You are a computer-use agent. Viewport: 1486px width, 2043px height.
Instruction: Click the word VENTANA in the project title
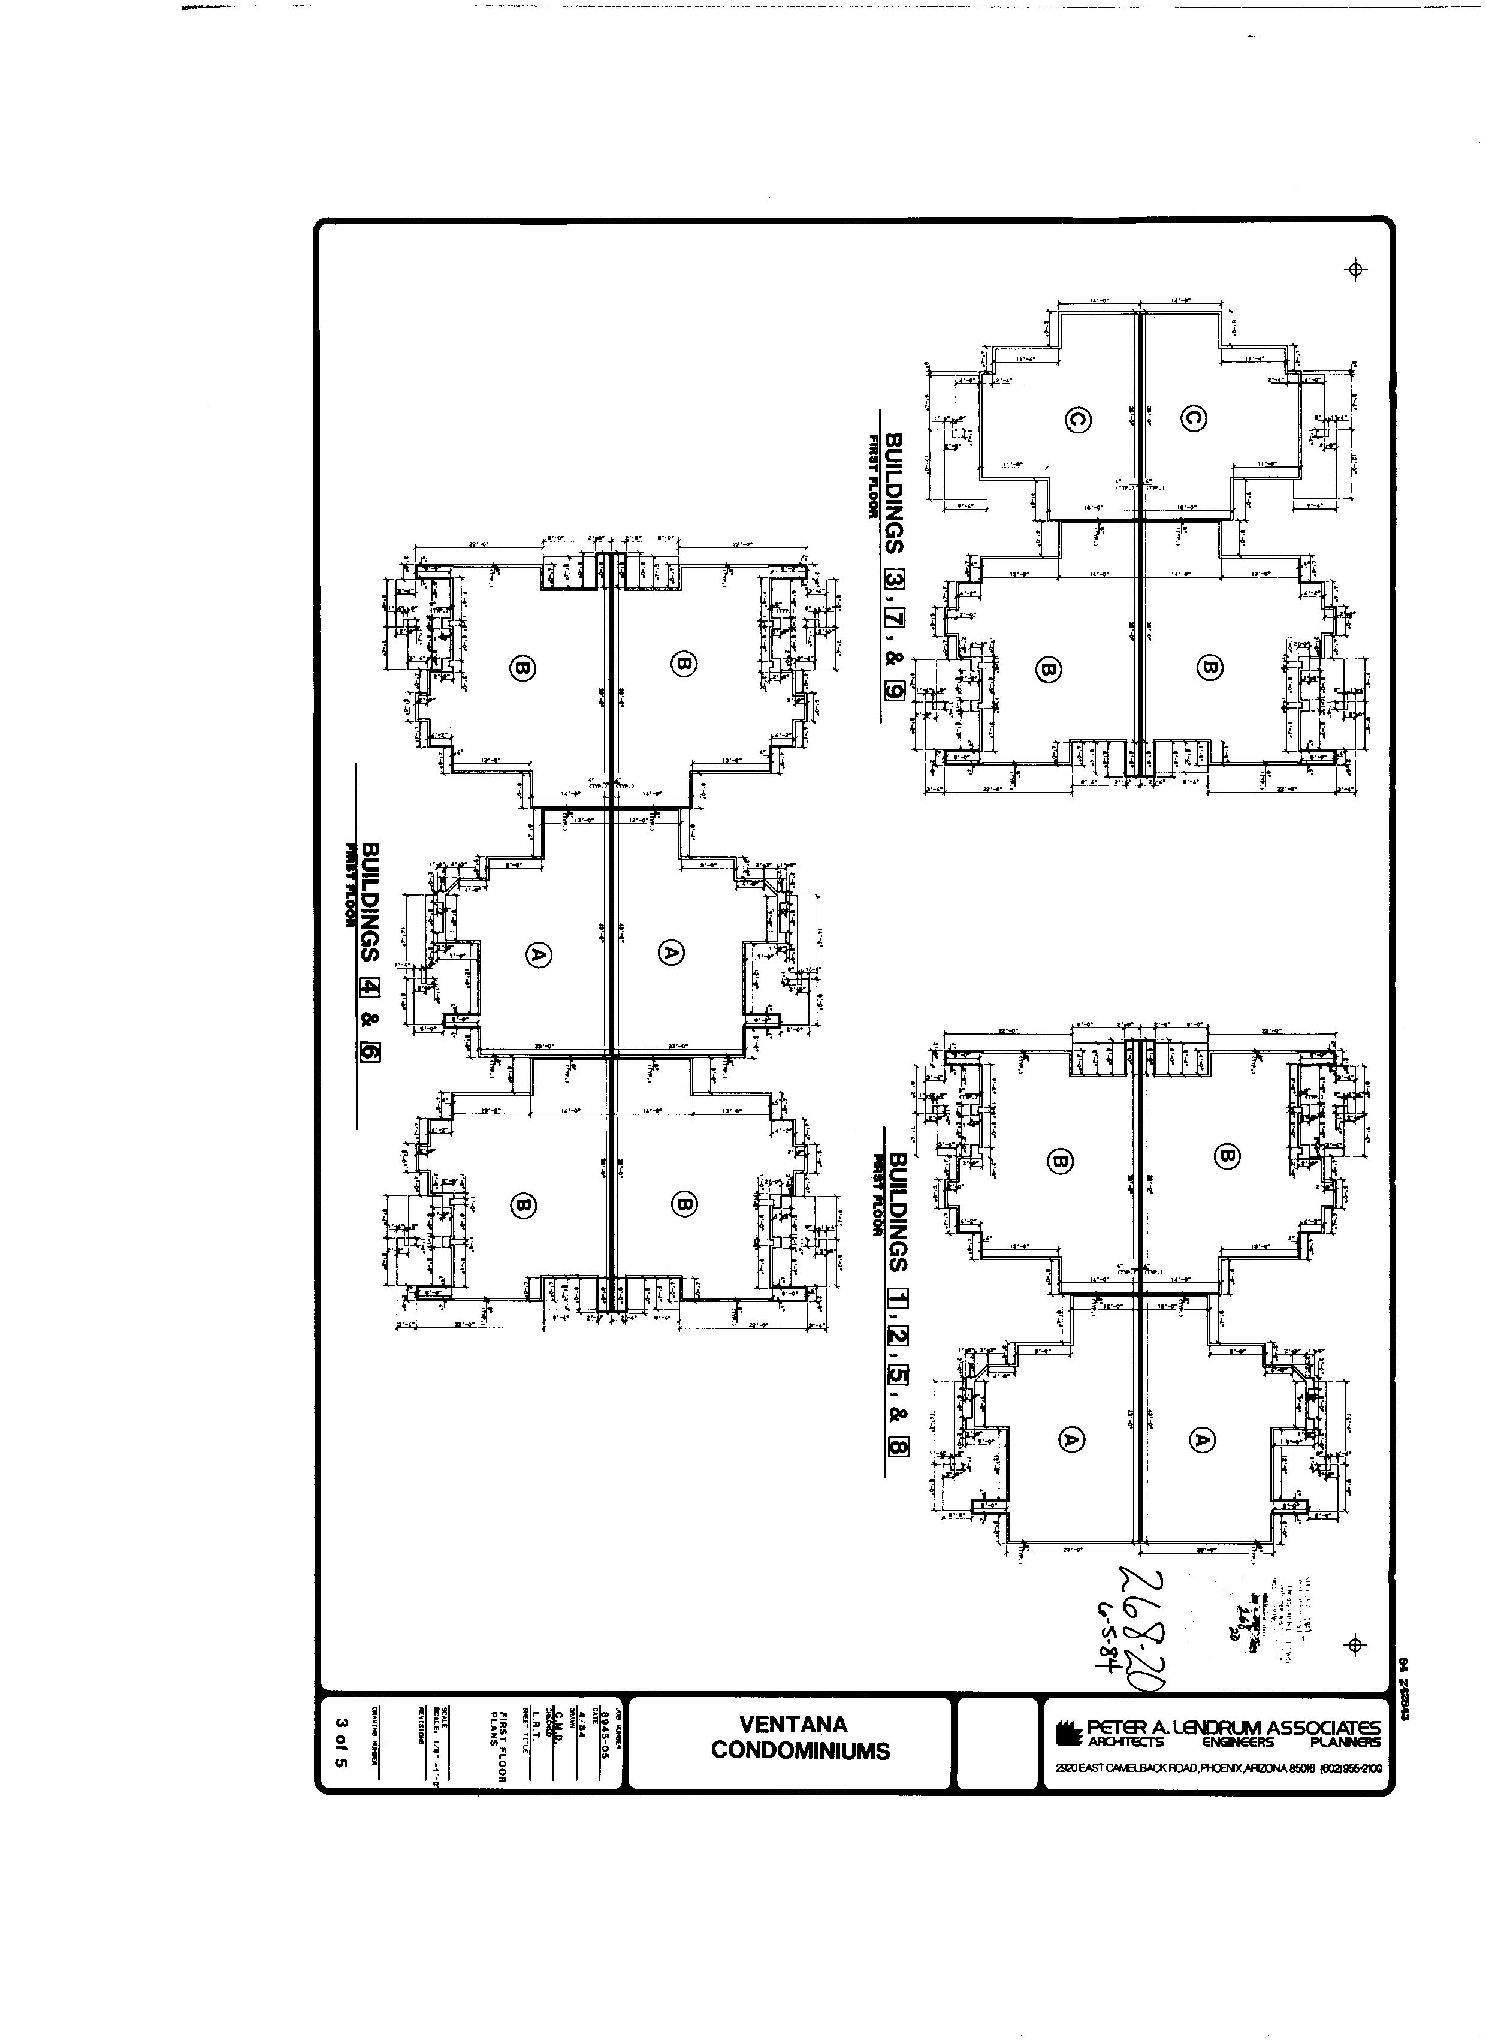click(x=793, y=1724)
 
